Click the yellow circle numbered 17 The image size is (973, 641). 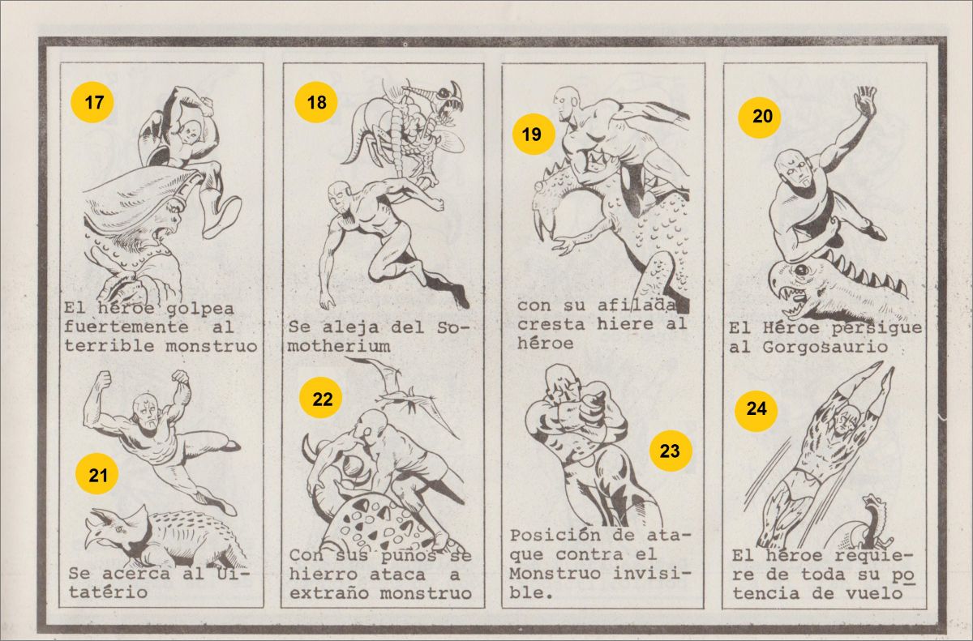[x=92, y=102]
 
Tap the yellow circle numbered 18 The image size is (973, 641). [x=316, y=102]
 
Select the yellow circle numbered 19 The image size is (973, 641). [x=534, y=134]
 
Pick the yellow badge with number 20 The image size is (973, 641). [x=760, y=117]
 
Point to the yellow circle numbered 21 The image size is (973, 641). [x=96, y=474]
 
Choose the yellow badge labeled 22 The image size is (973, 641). [x=320, y=399]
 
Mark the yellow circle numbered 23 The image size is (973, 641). [x=671, y=451]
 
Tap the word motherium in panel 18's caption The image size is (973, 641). [x=339, y=346]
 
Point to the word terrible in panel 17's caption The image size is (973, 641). [x=109, y=346]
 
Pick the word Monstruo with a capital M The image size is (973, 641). [x=555, y=573]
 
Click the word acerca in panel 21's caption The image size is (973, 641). [x=136, y=574]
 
